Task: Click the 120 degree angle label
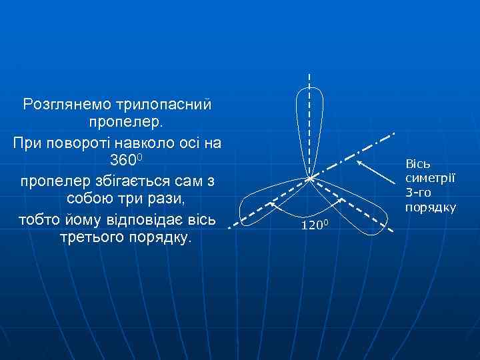click(x=313, y=225)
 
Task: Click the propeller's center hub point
click(x=309, y=178)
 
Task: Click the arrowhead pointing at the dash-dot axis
click(x=359, y=162)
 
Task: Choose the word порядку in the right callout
click(x=431, y=207)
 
